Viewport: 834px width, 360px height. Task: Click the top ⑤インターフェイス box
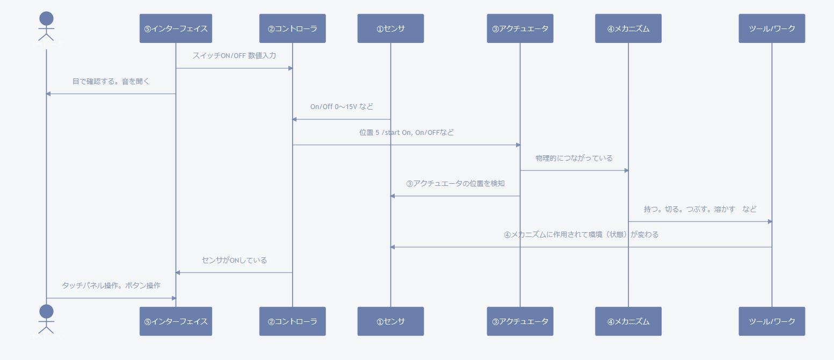coord(176,28)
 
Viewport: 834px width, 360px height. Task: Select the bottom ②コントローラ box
coord(292,321)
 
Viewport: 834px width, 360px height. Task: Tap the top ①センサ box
coord(390,28)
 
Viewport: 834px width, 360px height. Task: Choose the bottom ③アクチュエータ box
coord(520,321)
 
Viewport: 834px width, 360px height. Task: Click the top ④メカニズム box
coord(628,28)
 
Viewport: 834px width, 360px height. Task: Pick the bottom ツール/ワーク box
coord(772,321)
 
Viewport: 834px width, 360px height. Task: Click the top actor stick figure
coord(47,27)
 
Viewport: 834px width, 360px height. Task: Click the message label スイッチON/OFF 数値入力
coord(234,55)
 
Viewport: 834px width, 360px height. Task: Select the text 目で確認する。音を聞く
coord(111,82)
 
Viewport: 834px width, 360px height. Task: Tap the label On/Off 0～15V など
coord(342,106)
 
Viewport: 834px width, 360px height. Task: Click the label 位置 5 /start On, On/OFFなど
coord(407,132)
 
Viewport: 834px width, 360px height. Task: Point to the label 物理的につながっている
coord(574,158)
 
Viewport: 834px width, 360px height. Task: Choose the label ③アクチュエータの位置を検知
coord(455,183)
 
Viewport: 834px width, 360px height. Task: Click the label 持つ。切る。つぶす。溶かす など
coord(700,209)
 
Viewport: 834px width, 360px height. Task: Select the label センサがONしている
coord(234,260)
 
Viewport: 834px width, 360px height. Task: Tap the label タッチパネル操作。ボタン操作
coord(111,285)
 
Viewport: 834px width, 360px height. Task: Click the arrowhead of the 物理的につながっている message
coord(626,170)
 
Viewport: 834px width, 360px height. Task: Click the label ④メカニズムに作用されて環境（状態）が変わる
coord(581,234)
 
